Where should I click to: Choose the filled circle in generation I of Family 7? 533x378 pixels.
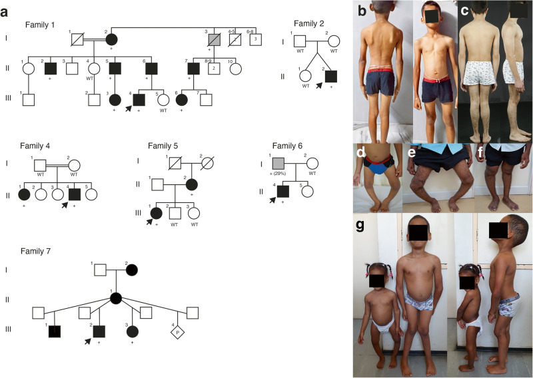(132, 270)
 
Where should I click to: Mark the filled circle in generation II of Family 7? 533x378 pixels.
(115, 297)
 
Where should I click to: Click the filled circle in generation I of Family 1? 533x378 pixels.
(111, 41)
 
